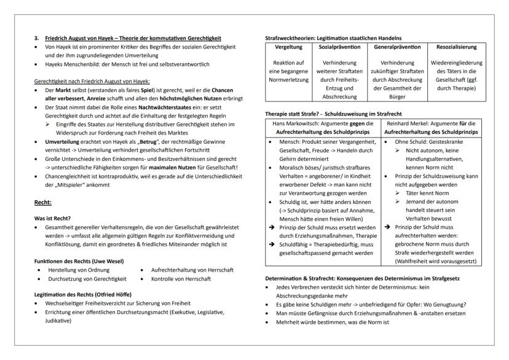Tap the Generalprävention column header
397,46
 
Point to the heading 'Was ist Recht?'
53,217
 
